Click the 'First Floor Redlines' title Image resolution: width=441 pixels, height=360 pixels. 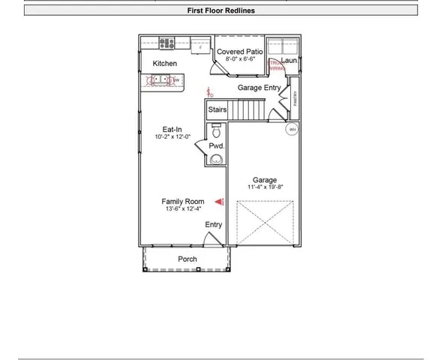click(x=220, y=10)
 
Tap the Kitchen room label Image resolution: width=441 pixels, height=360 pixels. click(x=165, y=64)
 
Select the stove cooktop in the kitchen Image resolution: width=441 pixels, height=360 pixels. click(x=166, y=43)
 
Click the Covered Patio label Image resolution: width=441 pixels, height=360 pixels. click(x=240, y=52)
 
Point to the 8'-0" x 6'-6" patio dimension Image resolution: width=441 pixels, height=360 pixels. click(x=240, y=59)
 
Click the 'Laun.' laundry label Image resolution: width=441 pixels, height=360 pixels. click(x=289, y=61)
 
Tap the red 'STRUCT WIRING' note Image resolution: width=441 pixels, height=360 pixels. click(x=276, y=65)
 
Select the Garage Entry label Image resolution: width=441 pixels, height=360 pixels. click(x=259, y=88)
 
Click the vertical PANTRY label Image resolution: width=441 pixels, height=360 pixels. click(x=295, y=98)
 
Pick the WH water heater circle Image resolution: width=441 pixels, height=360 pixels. click(x=292, y=129)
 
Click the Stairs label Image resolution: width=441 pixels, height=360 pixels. click(x=217, y=110)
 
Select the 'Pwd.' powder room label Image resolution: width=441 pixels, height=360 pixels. click(x=217, y=146)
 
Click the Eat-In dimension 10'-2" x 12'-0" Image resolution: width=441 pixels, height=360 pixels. click(x=172, y=137)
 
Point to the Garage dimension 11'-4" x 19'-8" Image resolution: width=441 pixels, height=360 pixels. click(x=265, y=187)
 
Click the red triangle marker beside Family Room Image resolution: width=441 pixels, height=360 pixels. click(x=220, y=201)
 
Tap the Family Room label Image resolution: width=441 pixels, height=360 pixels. click(x=183, y=202)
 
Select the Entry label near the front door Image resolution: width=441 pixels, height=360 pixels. click(x=214, y=224)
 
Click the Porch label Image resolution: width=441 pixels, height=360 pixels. click(x=187, y=259)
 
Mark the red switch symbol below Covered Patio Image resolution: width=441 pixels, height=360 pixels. click(x=211, y=93)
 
